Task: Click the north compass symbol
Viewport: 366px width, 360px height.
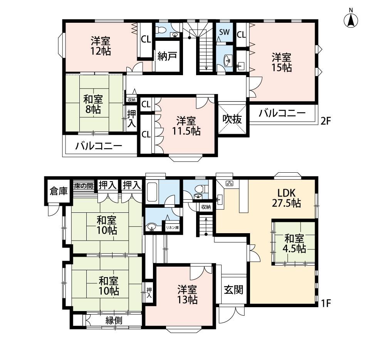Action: (x=351, y=19)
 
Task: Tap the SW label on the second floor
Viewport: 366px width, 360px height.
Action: (x=224, y=32)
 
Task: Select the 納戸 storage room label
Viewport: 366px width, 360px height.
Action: (x=167, y=56)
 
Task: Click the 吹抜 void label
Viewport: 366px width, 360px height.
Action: (x=232, y=119)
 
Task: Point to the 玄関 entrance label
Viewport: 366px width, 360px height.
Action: (x=233, y=290)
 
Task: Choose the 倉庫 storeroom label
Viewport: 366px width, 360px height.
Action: (x=59, y=191)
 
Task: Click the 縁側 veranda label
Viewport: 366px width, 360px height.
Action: (x=114, y=321)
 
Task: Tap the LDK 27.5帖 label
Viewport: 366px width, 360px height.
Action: (x=286, y=198)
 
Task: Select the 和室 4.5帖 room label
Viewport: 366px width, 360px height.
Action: (x=294, y=244)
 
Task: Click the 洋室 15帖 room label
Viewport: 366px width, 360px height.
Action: (x=282, y=62)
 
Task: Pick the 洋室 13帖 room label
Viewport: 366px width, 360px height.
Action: (x=187, y=294)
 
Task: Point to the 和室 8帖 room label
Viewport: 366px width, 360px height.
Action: (x=93, y=104)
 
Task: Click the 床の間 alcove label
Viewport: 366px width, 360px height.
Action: (x=84, y=186)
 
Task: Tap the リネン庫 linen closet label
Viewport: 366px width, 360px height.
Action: (x=172, y=227)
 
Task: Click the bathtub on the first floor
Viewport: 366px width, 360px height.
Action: (x=152, y=192)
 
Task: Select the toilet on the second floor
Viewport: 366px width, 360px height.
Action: (x=160, y=30)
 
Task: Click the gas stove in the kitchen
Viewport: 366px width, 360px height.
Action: (x=230, y=183)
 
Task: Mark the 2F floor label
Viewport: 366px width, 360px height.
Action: (x=326, y=121)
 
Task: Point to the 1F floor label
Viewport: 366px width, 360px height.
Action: (x=326, y=303)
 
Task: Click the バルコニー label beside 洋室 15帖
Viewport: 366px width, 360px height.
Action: (x=282, y=113)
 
